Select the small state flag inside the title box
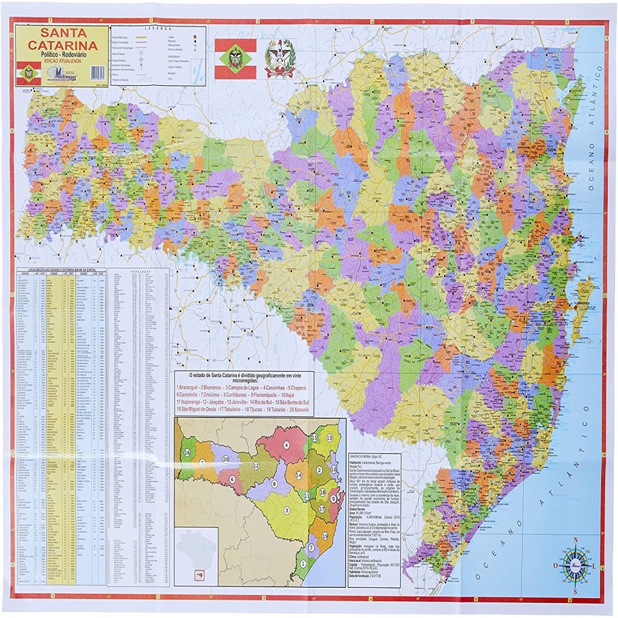pos(28,73)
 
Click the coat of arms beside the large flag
pos(280,58)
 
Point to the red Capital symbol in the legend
pos(196,38)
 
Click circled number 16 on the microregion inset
pos(188,453)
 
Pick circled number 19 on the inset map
pos(325,535)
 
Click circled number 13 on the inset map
pos(330,437)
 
